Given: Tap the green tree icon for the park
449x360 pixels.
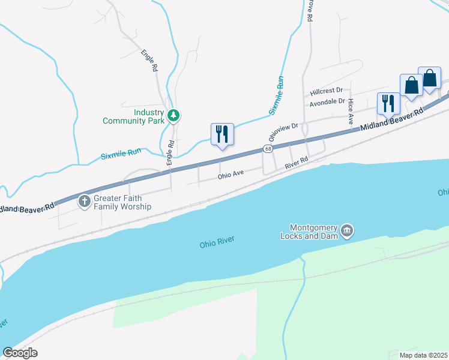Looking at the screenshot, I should point(173,115).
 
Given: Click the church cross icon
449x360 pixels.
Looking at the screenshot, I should point(85,202).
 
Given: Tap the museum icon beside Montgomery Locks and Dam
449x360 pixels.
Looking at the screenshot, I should point(347,230).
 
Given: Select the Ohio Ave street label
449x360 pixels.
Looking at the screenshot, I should point(231,175).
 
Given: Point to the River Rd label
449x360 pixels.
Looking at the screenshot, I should point(296,162).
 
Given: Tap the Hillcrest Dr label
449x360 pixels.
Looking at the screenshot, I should point(326,92).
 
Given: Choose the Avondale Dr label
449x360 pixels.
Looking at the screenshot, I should point(328,103).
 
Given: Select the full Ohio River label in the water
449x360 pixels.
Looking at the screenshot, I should point(217,242).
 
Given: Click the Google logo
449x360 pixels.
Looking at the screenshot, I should point(20,352).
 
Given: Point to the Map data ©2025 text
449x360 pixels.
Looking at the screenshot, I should point(424,355).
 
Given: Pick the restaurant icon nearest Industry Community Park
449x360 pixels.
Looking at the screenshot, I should point(221,134).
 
